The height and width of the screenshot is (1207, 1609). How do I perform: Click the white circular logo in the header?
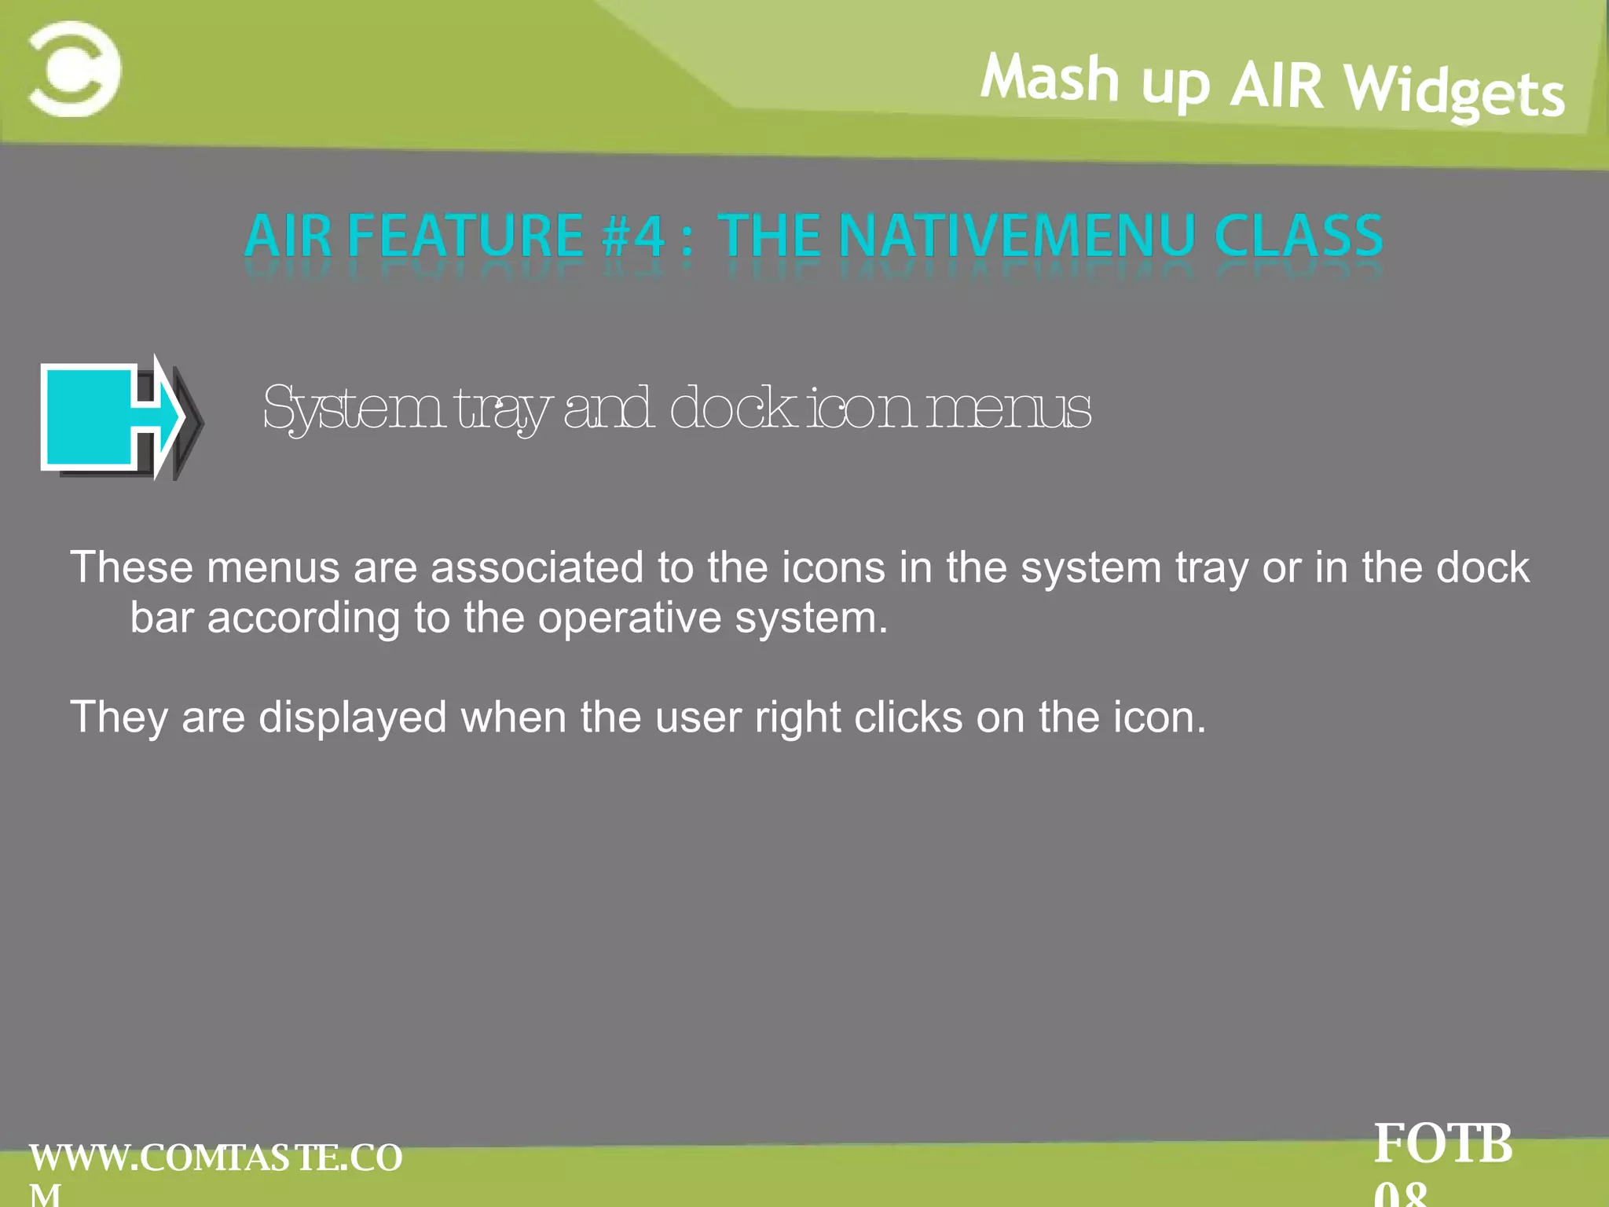tap(75, 70)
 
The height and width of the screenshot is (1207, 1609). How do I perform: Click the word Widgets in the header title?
tap(1454, 94)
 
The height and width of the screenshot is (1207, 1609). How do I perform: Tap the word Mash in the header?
tap(1050, 78)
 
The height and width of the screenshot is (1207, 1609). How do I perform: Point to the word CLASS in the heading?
tap(1298, 236)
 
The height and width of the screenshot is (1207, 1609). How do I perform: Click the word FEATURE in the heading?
tap(465, 236)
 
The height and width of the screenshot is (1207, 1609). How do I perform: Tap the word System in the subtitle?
tap(354, 409)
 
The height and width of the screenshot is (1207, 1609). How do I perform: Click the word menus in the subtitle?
tap(1009, 409)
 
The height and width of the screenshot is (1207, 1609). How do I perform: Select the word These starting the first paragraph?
tap(131, 567)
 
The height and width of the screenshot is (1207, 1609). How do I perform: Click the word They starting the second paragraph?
tap(119, 717)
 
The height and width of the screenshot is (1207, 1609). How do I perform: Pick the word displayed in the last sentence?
tap(353, 717)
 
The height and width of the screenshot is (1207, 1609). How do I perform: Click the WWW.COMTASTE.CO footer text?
tap(215, 1158)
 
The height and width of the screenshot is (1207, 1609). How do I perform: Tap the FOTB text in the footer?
tap(1443, 1144)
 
